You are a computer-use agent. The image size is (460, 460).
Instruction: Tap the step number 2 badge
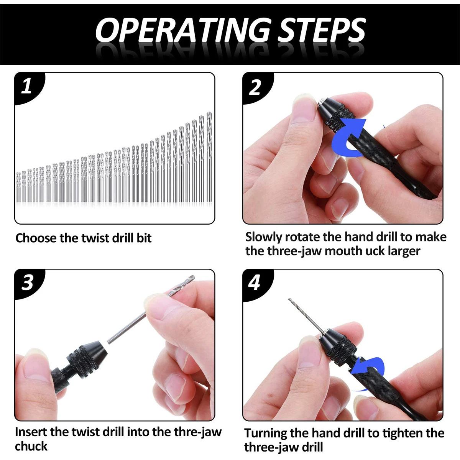(x=255, y=87)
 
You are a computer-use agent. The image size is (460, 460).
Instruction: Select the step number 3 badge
(x=27, y=283)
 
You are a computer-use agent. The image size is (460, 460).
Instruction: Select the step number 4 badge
(x=255, y=283)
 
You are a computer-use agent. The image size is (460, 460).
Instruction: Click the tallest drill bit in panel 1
(x=209, y=157)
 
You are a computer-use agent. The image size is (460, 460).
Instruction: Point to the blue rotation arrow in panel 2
(x=348, y=138)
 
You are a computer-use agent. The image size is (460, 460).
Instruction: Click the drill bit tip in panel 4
(x=289, y=300)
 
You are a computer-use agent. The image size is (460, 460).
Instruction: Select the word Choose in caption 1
(x=36, y=238)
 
